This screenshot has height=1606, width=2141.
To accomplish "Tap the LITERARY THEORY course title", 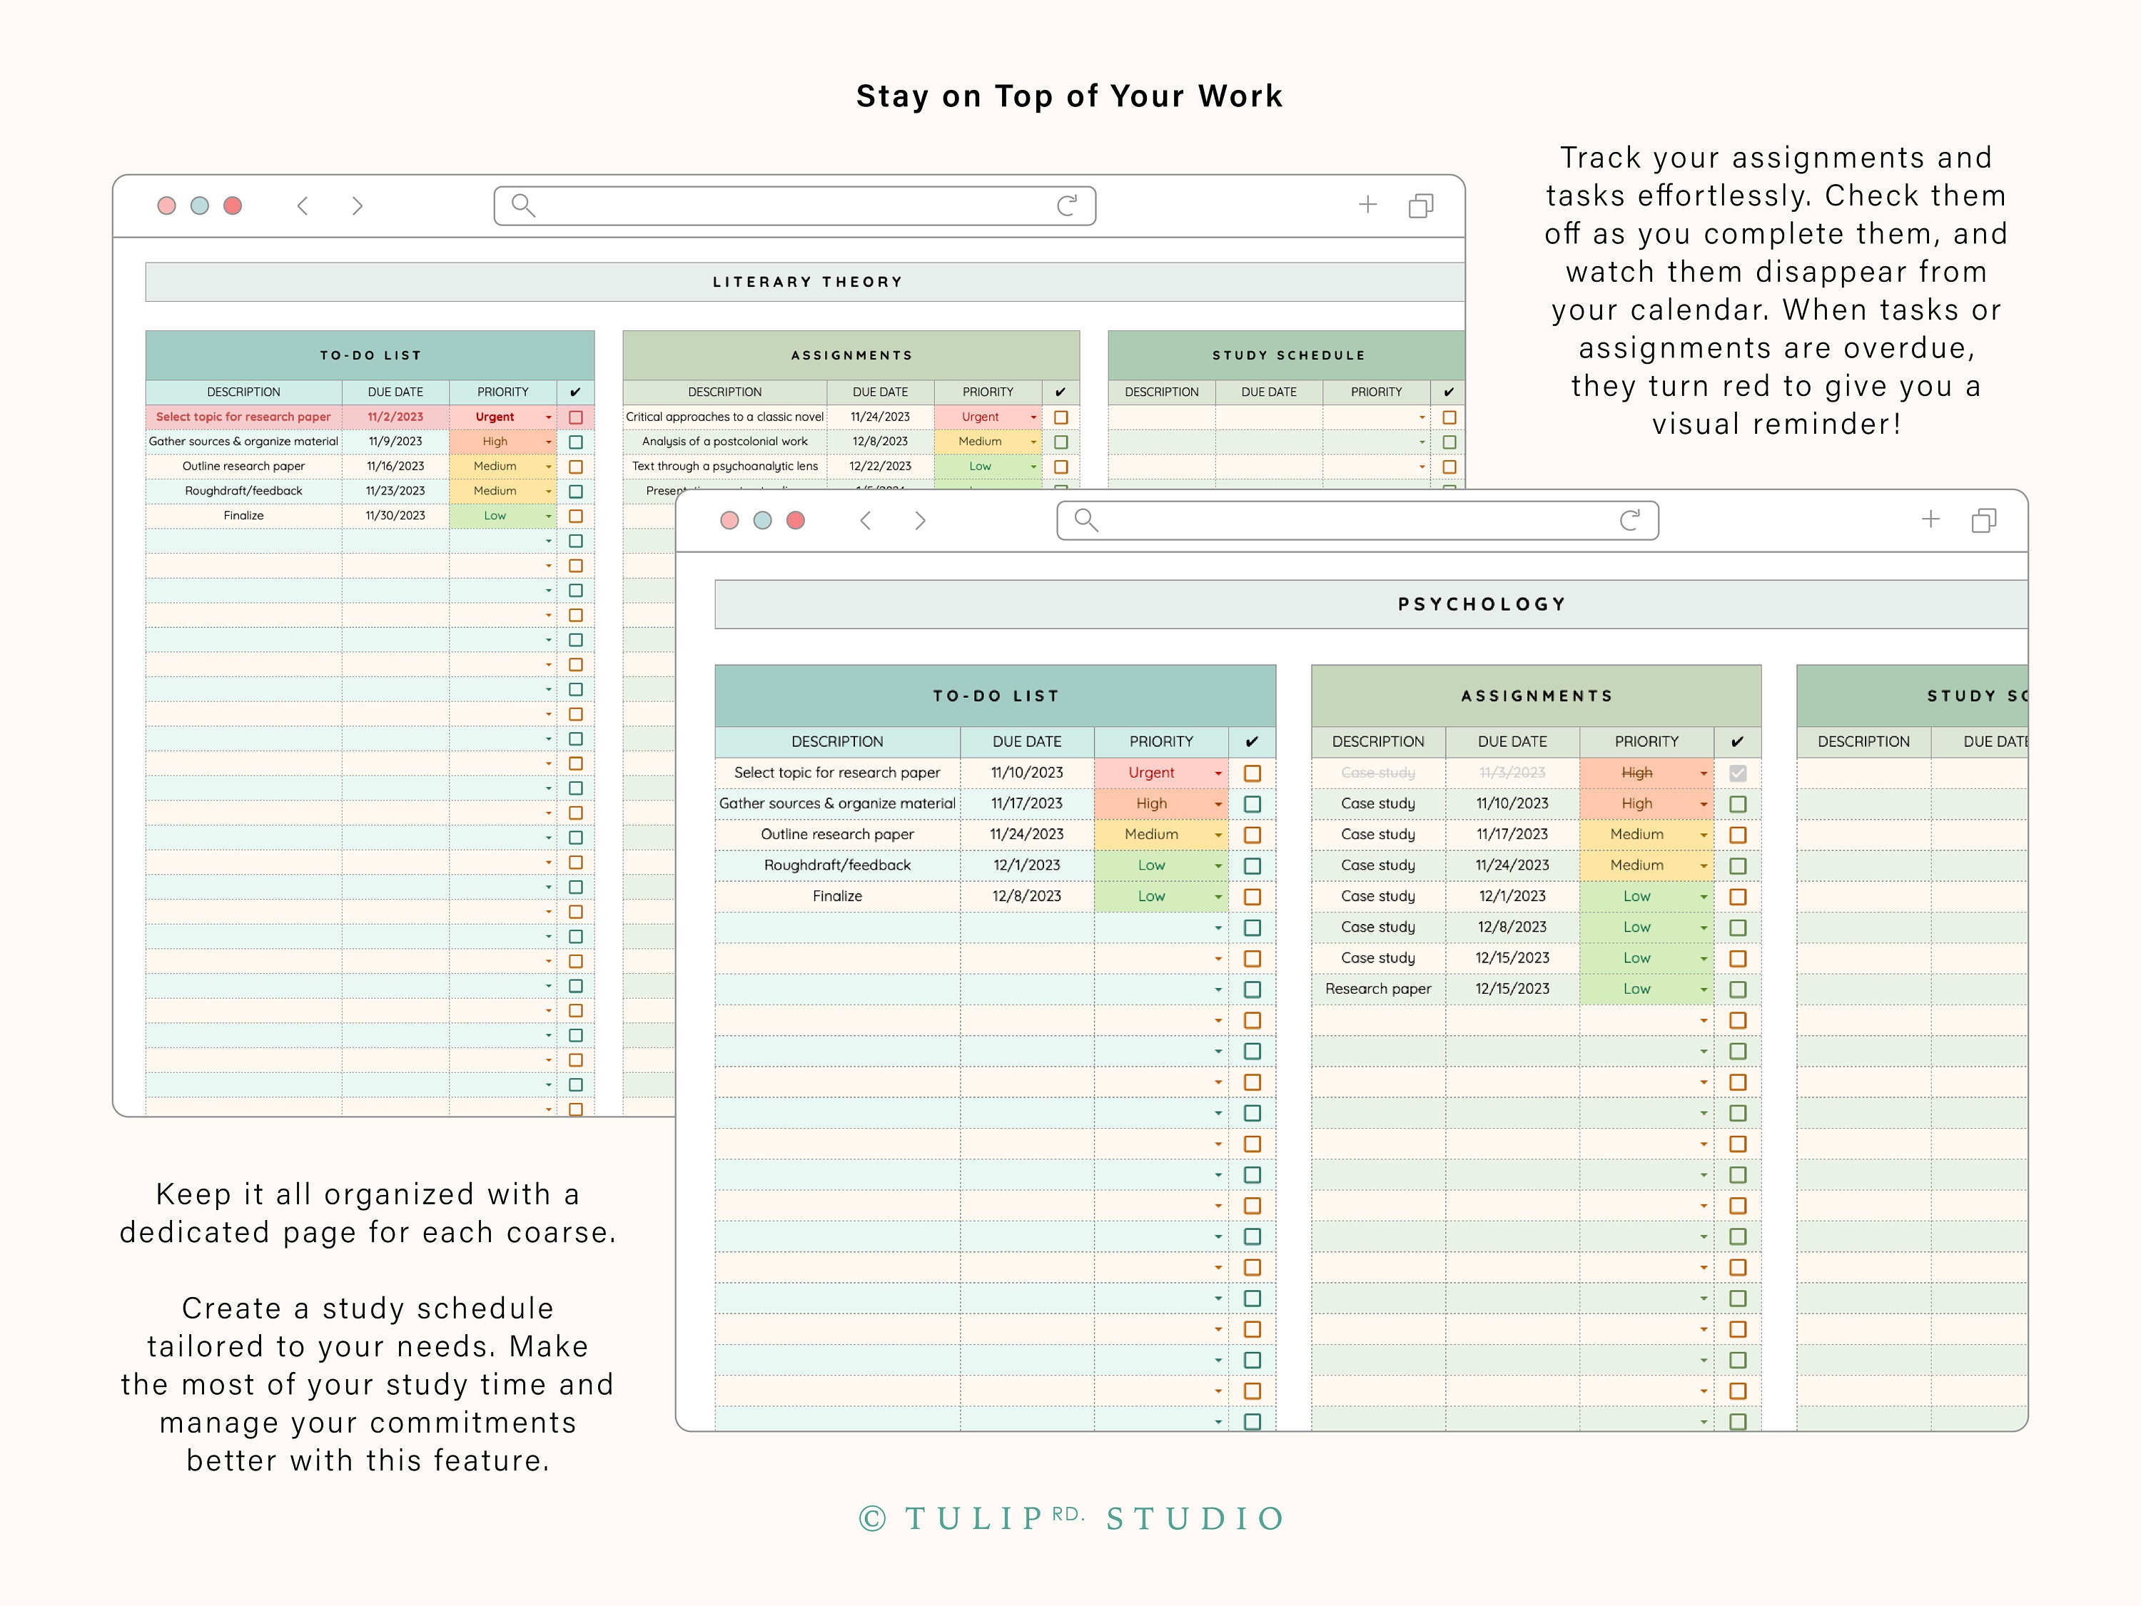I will coord(807,282).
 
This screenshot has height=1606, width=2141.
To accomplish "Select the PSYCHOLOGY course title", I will coord(1481,604).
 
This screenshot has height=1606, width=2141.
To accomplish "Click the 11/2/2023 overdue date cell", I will coord(395,417).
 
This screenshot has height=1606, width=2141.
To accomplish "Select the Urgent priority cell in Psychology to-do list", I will coord(1151,773).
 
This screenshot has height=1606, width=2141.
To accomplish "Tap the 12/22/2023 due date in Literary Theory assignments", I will coord(880,467).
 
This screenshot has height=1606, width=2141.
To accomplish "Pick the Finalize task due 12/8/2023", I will coord(837,896).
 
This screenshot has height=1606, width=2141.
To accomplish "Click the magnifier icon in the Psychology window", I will coord(1086,521).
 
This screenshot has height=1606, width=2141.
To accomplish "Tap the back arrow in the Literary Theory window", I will coord(303,205).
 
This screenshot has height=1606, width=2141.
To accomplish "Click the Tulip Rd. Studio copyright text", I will coord(1071,1518).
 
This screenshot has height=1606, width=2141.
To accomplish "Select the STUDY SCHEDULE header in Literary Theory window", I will coord(1288,355).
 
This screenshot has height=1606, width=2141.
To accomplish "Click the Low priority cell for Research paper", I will coord(1636,989).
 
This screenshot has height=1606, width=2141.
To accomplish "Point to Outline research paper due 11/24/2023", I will coord(837,834).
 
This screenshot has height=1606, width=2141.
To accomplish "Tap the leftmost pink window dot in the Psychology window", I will coord(730,521).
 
